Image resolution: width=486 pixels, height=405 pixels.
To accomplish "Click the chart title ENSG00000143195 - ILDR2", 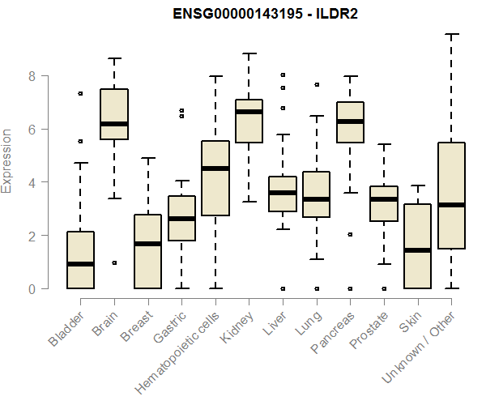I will tap(266, 14).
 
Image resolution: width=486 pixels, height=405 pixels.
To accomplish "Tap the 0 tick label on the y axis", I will tap(34, 288).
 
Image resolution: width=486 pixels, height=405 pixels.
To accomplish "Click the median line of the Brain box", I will tap(114, 124).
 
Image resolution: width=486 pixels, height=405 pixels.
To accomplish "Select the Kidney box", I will tap(249, 121).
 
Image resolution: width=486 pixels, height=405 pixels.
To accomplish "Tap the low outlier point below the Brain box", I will tap(114, 262).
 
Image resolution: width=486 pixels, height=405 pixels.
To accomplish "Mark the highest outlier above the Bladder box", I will tap(80, 93).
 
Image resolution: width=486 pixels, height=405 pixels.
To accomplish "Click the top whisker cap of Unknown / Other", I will tap(451, 34).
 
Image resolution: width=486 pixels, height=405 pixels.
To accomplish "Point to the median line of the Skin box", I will tap(417, 250).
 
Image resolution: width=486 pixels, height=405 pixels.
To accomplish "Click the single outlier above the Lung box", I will tap(316, 84).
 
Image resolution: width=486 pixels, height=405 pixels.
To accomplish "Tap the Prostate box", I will tap(384, 203).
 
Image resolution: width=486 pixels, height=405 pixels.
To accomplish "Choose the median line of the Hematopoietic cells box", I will tap(215, 168).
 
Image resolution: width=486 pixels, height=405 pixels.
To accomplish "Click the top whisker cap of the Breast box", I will tap(148, 159).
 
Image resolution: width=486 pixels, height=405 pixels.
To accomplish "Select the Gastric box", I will tap(181, 218).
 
